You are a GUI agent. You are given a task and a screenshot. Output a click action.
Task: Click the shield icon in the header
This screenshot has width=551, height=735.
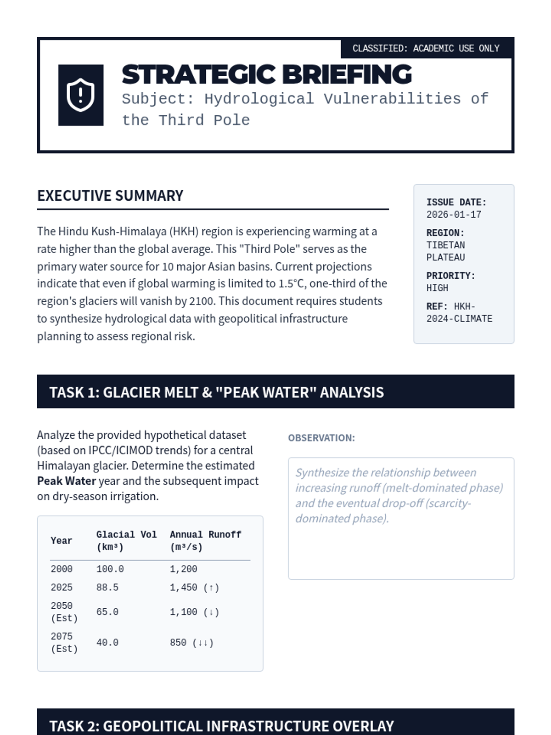click(81, 95)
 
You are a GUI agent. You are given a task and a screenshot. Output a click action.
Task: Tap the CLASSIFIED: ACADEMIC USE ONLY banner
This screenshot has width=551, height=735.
click(426, 48)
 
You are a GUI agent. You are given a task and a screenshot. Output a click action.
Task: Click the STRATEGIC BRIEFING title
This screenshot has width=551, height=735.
click(267, 74)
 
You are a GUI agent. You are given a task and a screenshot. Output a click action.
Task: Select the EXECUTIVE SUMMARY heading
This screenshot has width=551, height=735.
click(110, 196)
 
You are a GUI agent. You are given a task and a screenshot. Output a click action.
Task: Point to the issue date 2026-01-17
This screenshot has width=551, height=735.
click(454, 215)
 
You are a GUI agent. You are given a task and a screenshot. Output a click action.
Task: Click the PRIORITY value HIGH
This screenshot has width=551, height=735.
click(437, 288)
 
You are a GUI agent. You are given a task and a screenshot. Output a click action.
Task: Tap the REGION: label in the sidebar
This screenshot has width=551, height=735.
click(445, 233)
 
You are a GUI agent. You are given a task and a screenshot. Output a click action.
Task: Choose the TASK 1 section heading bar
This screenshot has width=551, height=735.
click(275, 392)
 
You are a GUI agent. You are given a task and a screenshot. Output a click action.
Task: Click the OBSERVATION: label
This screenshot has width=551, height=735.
click(321, 438)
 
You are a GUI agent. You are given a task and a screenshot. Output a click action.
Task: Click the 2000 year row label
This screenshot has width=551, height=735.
click(62, 569)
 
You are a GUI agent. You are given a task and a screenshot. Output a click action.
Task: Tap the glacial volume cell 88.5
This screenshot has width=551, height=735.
click(107, 588)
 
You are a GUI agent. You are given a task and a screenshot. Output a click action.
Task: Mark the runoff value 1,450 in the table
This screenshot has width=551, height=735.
click(184, 588)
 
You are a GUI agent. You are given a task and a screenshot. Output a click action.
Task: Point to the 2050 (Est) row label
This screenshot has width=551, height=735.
click(64, 612)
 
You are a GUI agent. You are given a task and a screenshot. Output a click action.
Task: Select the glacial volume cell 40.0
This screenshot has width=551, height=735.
click(107, 643)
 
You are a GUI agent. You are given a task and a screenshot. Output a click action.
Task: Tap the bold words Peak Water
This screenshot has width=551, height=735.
click(67, 481)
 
